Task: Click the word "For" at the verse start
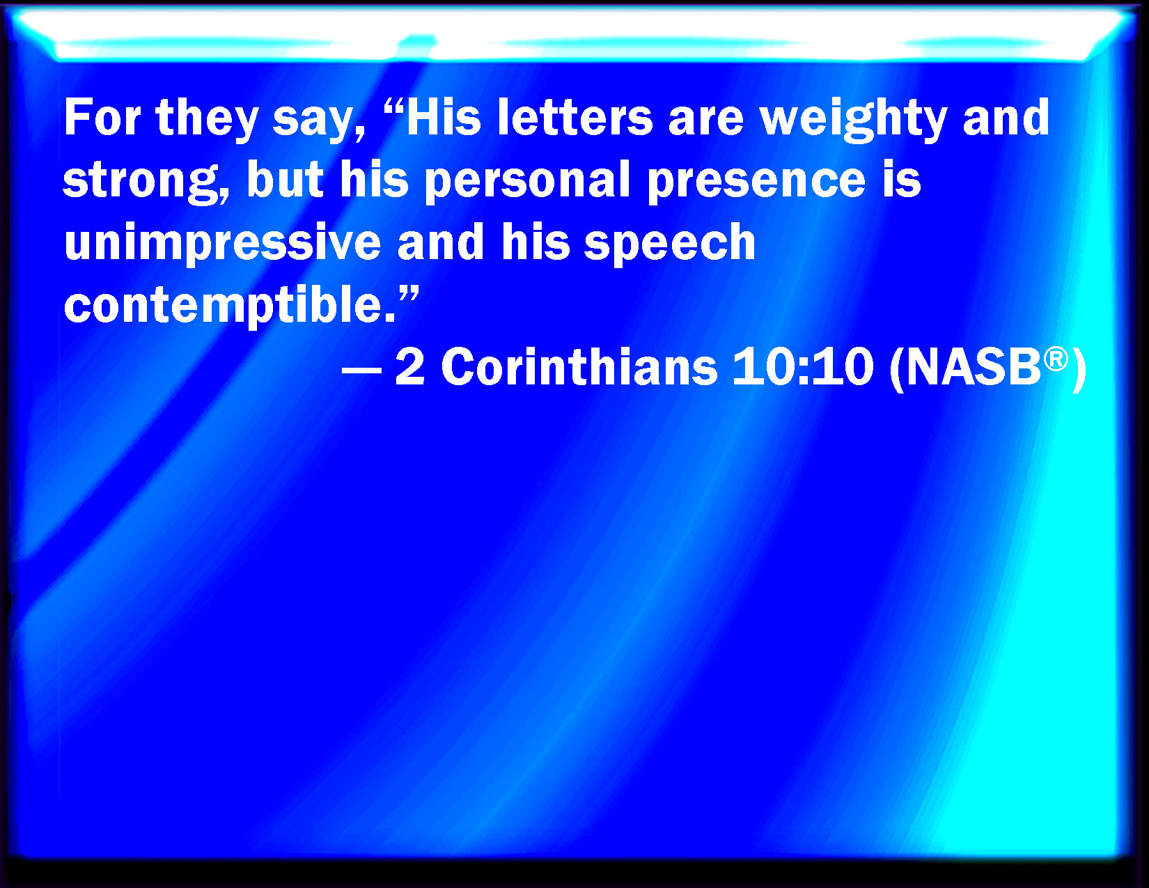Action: pyautogui.click(x=102, y=117)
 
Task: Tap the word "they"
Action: pyautogui.click(x=207, y=120)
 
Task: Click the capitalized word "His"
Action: pyautogui.click(x=444, y=117)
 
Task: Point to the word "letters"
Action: pyautogui.click(x=574, y=117)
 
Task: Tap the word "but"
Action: pyautogui.click(x=285, y=179)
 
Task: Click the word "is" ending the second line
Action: pyautogui.click(x=901, y=179)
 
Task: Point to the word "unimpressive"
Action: pyautogui.click(x=222, y=244)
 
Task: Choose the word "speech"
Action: pyautogui.click(x=669, y=244)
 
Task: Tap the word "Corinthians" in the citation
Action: pyautogui.click(x=579, y=366)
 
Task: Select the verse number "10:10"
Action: pyautogui.click(x=803, y=366)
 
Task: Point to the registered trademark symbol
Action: pyautogui.click(x=1056, y=359)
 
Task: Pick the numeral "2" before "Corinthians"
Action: pyautogui.click(x=409, y=366)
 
